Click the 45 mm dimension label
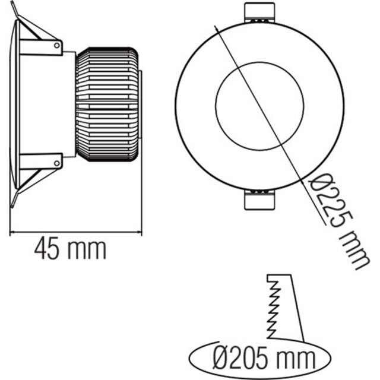(x=70, y=249)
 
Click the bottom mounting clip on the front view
(x=260, y=201)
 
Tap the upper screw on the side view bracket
(x=58, y=44)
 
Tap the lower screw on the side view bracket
(x=58, y=161)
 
